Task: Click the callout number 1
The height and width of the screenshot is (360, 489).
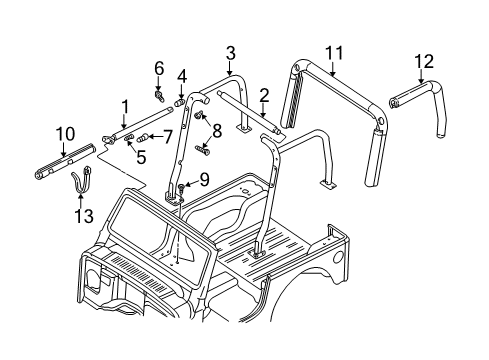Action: pos(125,106)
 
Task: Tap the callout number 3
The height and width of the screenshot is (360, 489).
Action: pos(230,52)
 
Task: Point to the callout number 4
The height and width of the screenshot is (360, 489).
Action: pos(182,76)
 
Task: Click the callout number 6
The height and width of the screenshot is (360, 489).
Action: pos(158,67)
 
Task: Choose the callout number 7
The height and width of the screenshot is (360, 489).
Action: pos(167,135)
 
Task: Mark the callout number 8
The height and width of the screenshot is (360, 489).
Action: pos(215,128)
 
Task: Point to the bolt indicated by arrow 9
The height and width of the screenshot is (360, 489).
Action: pos(183,189)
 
